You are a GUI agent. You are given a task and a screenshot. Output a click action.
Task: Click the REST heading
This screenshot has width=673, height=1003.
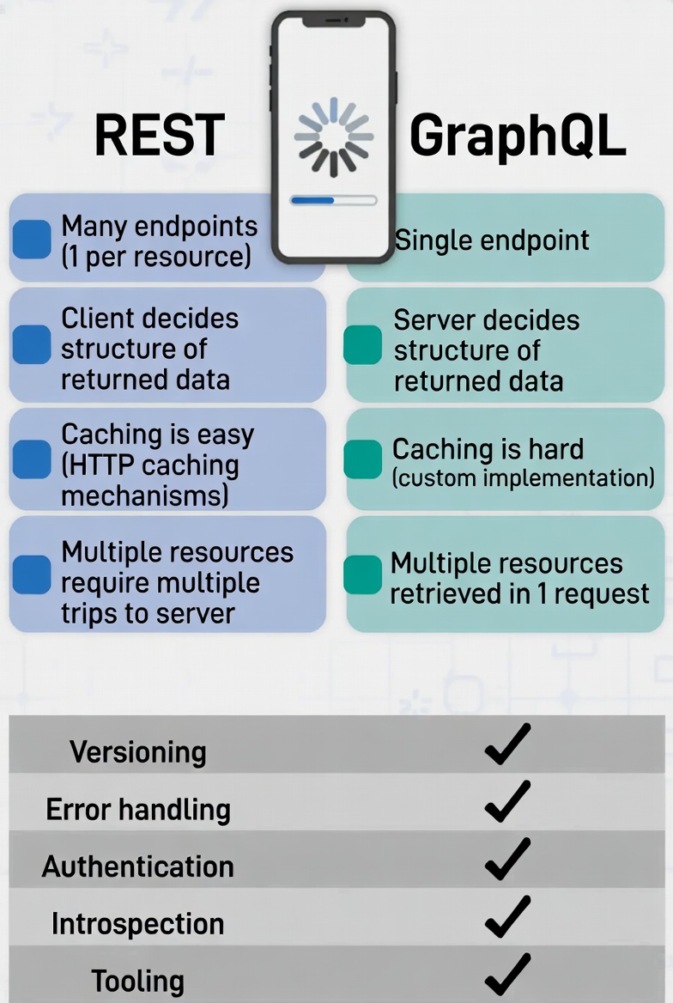(x=159, y=135)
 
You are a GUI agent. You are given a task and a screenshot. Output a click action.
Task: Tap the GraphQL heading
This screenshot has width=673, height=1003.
(x=518, y=135)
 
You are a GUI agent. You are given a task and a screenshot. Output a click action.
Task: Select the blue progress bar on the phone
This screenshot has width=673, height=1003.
(x=312, y=200)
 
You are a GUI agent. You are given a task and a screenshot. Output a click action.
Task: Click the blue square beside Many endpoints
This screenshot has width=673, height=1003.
(x=33, y=240)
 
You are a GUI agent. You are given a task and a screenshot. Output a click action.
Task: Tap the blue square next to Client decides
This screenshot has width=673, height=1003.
(x=33, y=344)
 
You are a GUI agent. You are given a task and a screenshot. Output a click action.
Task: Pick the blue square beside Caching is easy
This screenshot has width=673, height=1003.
(x=33, y=459)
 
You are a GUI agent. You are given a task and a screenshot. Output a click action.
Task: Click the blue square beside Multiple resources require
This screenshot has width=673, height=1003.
(x=33, y=574)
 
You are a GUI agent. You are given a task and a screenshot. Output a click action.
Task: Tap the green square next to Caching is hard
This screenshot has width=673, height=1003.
(x=362, y=459)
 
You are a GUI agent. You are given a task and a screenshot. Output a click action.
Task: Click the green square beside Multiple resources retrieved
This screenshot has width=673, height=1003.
(x=362, y=574)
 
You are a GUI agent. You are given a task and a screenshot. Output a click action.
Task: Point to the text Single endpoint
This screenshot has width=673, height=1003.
(x=492, y=240)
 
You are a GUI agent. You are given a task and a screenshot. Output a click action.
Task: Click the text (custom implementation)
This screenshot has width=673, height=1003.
(x=523, y=477)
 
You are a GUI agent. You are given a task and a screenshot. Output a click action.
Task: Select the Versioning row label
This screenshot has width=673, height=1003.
(x=138, y=752)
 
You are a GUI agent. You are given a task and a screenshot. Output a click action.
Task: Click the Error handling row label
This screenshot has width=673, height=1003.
(x=138, y=809)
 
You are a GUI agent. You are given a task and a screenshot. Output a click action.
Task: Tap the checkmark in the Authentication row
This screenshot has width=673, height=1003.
(x=507, y=860)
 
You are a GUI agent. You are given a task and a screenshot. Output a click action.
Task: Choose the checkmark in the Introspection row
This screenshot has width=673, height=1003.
(x=507, y=917)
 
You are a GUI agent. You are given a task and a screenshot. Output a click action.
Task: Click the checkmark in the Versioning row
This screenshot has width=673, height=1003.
(x=507, y=745)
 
